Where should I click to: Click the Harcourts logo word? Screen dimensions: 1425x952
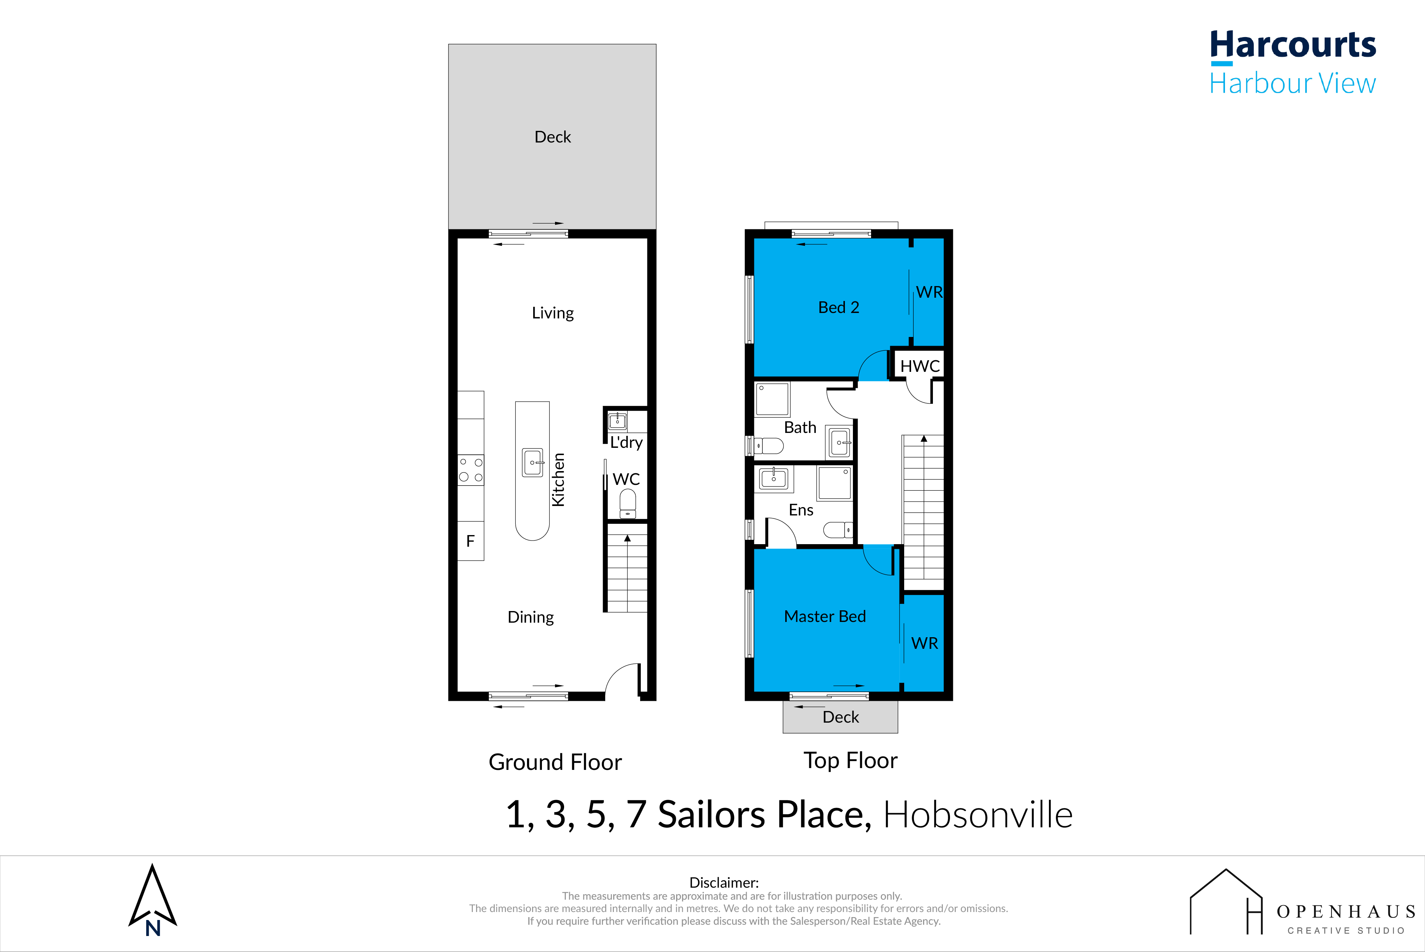click(x=1293, y=45)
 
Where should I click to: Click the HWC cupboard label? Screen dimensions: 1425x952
click(x=919, y=366)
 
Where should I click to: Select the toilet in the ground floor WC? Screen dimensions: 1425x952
click(x=627, y=504)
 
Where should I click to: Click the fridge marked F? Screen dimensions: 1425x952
click(x=470, y=541)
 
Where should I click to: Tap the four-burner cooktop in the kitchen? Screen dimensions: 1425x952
click(x=471, y=470)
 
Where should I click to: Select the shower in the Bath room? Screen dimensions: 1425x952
click(x=772, y=399)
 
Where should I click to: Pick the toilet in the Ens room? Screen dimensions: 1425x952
click(x=838, y=530)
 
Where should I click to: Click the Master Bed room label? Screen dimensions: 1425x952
click(x=825, y=616)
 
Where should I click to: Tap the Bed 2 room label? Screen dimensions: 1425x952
click(x=839, y=307)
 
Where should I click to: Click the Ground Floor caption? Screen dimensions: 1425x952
click(x=555, y=762)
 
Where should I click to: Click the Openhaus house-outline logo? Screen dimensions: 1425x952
click(x=1226, y=901)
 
